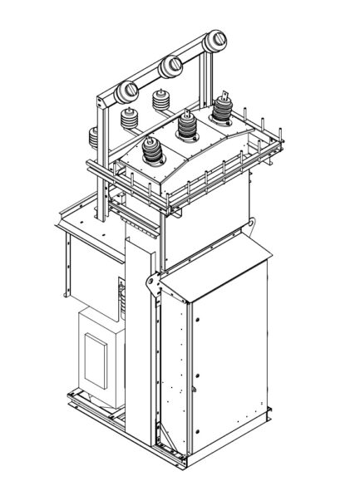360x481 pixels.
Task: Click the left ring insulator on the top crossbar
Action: click(131, 90)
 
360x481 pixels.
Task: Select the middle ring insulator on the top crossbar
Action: click(172, 64)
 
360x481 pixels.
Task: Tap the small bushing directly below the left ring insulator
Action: click(130, 119)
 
